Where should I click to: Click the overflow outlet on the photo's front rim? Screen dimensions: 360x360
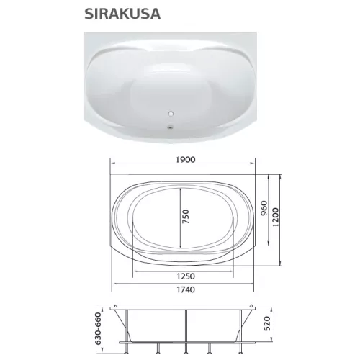click(171, 130)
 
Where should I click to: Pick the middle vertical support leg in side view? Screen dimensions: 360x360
click(186, 330)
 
